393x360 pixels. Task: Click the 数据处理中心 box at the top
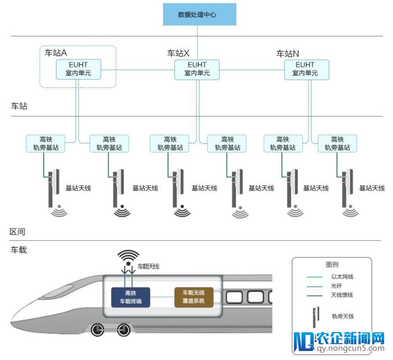pos(199,15)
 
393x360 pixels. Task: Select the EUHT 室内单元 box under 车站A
pos(79,69)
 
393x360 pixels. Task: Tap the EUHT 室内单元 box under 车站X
pos(197,69)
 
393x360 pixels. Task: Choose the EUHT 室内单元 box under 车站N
pos(305,69)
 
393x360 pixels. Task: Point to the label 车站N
pos(288,53)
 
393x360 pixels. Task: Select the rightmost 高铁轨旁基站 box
pos(337,143)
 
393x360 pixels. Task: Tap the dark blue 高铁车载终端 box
pos(131,297)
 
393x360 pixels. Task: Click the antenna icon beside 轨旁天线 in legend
pos(315,317)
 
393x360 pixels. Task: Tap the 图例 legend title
pos(333,265)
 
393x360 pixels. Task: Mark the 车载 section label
pos(19,250)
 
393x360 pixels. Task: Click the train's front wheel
pos(99,330)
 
